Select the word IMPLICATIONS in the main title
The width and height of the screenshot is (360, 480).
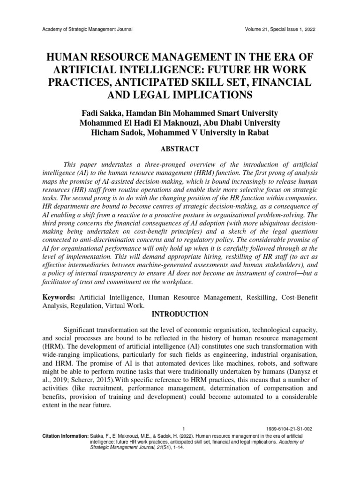(x=205, y=95)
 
